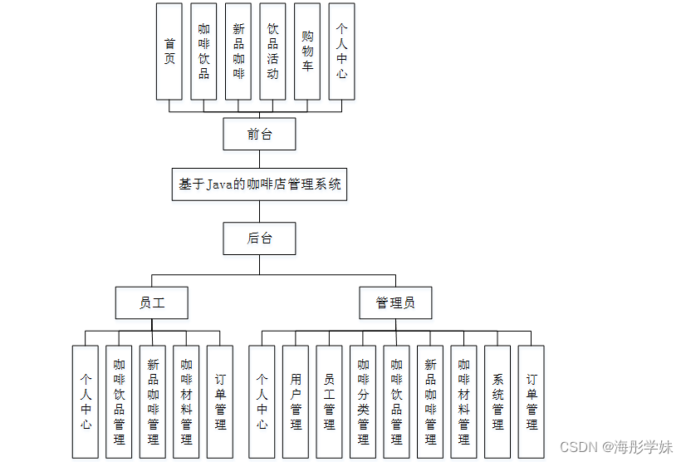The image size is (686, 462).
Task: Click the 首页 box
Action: [x=169, y=51]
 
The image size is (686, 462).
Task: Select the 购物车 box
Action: [x=307, y=51]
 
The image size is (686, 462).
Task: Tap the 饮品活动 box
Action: [x=272, y=51]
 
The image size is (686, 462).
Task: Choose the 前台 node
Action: [x=259, y=134]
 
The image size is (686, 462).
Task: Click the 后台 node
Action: [x=259, y=238]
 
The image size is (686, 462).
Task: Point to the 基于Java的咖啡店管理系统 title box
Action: [x=259, y=184]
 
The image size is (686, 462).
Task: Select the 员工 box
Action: [x=151, y=302]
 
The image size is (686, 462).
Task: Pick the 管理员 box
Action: [x=395, y=302]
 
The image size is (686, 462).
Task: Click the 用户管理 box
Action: [x=296, y=401]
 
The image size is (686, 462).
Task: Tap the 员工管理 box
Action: [x=329, y=401]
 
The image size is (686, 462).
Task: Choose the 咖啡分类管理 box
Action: [x=363, y=401]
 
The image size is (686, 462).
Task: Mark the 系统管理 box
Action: [x=497, y=401]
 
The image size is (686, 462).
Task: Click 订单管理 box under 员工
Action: [x=220, y=401]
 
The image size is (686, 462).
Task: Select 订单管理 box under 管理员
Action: [x=531, y=401]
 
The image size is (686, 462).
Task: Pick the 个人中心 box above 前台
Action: [x=341, y=51]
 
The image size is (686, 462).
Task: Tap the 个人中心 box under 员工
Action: [x=85, y=401]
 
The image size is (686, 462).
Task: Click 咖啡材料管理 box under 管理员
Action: [x=463, y=401]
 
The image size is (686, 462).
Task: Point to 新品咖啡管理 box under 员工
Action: [x=153, y=401]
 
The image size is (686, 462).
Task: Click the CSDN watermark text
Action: [x=579, y=447]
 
